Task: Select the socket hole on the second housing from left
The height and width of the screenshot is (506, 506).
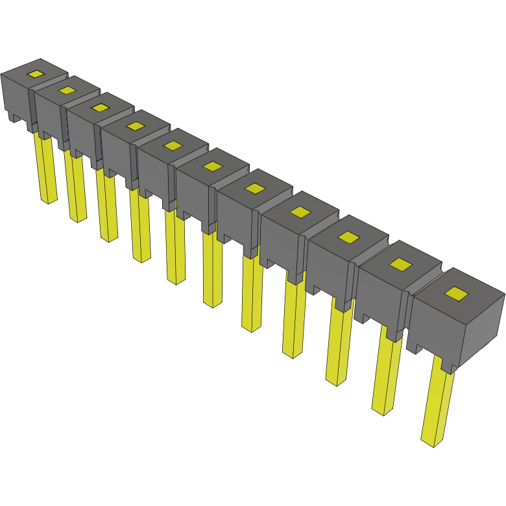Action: point(67,90)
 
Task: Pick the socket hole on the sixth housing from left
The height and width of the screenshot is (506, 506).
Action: point(212,166)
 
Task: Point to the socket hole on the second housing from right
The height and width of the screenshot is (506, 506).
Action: point(401,264)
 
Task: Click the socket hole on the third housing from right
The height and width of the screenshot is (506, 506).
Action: point(348,237)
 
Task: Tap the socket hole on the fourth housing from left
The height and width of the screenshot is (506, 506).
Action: point(135,125)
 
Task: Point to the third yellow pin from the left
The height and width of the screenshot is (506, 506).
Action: point(107,208)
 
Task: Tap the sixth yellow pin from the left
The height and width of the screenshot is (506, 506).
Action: point(213,269)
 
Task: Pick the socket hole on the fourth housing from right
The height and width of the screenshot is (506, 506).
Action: point(300,212)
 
